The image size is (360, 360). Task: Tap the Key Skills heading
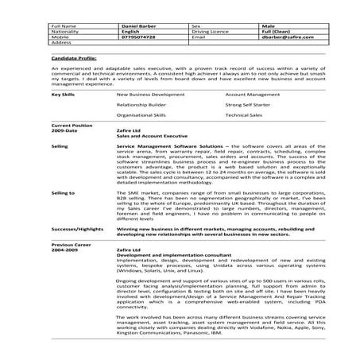click(x=63, y=94)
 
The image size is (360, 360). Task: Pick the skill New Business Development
click(x=147, y=94)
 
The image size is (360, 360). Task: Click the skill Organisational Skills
click(x=143, y=114)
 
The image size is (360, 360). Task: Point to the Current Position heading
click(x=71, y=126)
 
